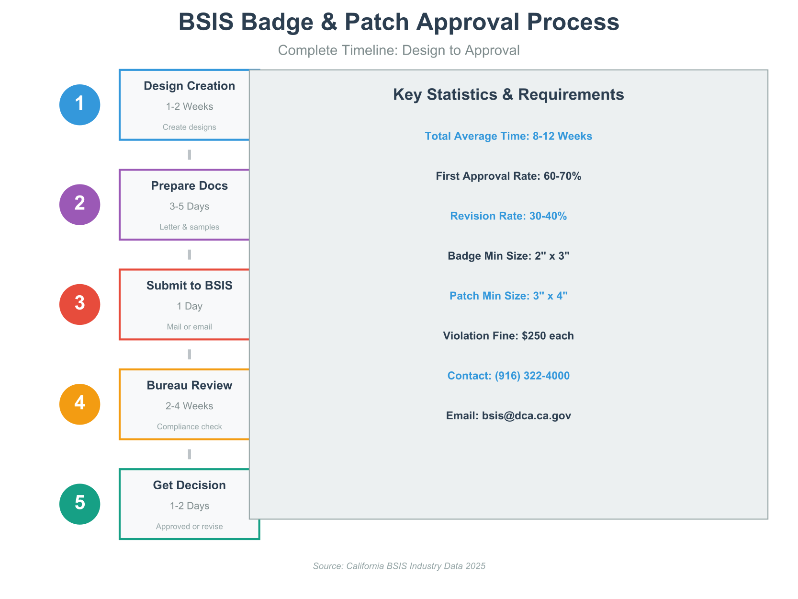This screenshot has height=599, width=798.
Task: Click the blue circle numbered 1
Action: pos(80,105)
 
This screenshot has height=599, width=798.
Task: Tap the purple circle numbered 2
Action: pos(80,205)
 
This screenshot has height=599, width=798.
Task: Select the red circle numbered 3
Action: pos(80,304)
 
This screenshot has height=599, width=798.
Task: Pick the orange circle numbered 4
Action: pos(80,404)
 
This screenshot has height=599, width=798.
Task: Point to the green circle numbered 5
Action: pos(80,504)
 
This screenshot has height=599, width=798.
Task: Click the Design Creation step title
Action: pos(189,86)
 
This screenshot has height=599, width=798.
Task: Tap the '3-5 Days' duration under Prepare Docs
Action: pos(189,207)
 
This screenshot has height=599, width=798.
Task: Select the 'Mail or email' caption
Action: pos(189,327)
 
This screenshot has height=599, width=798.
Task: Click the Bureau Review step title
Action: pos(189,386)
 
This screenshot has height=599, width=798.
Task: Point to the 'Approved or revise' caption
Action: pos(189,527)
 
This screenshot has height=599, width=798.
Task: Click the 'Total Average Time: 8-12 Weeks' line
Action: pos(508,136)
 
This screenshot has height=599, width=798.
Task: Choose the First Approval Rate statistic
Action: pos(508,176)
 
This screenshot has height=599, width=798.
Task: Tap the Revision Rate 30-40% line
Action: pos(508,216)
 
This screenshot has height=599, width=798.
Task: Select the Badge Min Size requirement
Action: pos(508,256)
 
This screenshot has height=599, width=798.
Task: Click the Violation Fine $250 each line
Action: pos(508,336)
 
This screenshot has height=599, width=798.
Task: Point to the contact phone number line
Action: pos(508,376)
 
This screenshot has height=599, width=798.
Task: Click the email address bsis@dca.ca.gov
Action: pos(526,415)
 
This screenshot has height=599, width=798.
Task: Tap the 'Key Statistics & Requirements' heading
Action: pos(508,95)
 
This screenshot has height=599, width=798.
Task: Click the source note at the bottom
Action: pos(399,566)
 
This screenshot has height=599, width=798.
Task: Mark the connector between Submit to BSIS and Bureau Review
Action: pos(190,355)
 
